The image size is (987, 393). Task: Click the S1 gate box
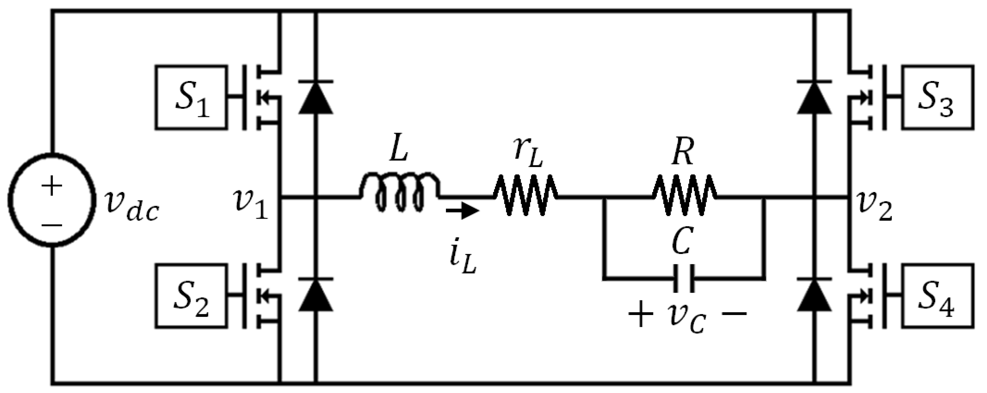click(x=191, y=97)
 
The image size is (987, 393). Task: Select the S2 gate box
click(x=191, y=296)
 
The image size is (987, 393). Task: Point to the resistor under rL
click(x=525, y=195)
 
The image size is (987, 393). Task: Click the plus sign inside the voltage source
click(x=51, y=187)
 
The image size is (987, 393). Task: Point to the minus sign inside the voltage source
click(x=51, y=225)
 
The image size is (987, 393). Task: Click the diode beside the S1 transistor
click(x=315, y=97)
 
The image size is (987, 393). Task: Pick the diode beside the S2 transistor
click(x=315, y=295)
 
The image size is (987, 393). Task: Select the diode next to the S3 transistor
click(x=814, y=97)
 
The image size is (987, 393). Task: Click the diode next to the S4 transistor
click(x=814, y=295)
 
